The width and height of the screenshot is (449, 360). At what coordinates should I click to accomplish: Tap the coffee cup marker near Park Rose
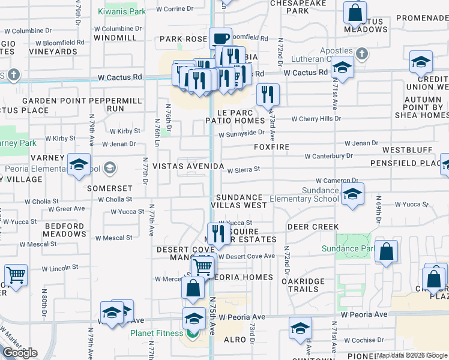(220, 39)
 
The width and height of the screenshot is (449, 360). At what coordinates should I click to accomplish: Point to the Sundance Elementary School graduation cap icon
(352, 194)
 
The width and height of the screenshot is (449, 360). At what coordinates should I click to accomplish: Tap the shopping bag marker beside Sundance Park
(386, 252)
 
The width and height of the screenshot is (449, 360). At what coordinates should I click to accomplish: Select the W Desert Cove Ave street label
(246, 256)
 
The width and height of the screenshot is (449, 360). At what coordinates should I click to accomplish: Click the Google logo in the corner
(20, 353)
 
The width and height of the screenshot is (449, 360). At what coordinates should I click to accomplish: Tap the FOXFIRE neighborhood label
(271, 147)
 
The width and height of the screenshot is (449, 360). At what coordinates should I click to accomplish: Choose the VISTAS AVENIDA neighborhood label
(188, 166)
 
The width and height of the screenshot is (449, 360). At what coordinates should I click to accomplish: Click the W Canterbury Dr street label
(328, 156)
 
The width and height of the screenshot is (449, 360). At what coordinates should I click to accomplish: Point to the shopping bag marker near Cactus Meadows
(355, 13)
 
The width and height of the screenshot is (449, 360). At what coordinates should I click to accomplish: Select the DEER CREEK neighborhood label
(313, 227)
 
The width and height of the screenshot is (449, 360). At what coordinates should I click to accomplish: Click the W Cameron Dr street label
(337, 180)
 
